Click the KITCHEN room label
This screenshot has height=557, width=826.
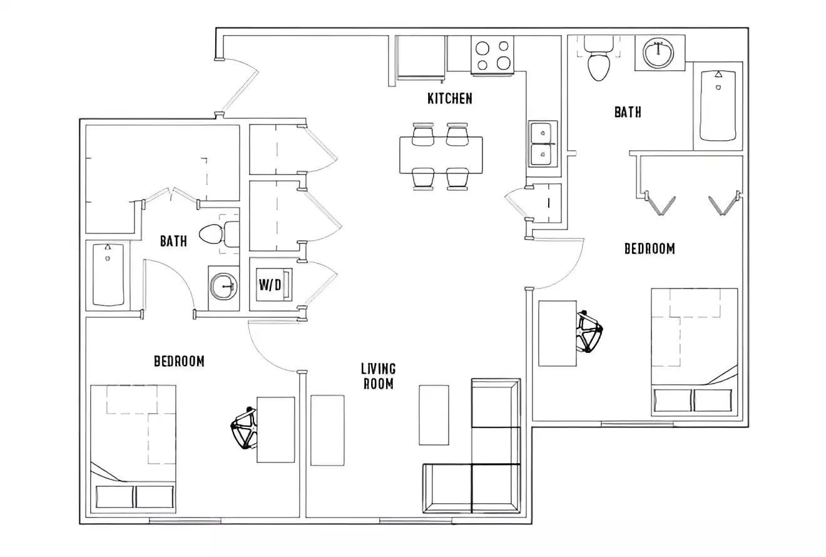tap(449, 98)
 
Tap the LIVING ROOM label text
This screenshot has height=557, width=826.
tap(379, 376)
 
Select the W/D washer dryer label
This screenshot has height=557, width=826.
tap(270, 284)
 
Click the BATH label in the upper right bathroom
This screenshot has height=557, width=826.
tap(627, 112)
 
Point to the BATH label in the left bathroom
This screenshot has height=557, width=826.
tap(173, 242)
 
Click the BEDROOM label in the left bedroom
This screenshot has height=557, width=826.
tap(179, 361)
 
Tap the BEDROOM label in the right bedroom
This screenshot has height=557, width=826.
tap(650, 248)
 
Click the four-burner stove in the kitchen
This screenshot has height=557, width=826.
tap(492, 56)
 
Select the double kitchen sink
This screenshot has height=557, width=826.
tap(541, 145)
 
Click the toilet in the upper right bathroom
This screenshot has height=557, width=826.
tap(599, 63)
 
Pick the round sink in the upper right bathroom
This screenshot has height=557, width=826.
tap(659, 53)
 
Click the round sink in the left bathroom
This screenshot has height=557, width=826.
tap(223, 288)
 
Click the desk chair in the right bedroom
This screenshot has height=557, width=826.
tap(589, 330)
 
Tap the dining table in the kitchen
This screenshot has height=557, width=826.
tap(441, 155)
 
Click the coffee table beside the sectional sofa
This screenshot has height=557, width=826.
tap(434, 414)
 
